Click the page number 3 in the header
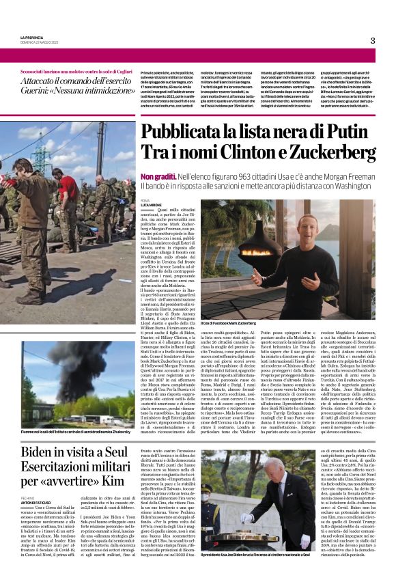pos(373,40)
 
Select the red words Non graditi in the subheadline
pos(155,176)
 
